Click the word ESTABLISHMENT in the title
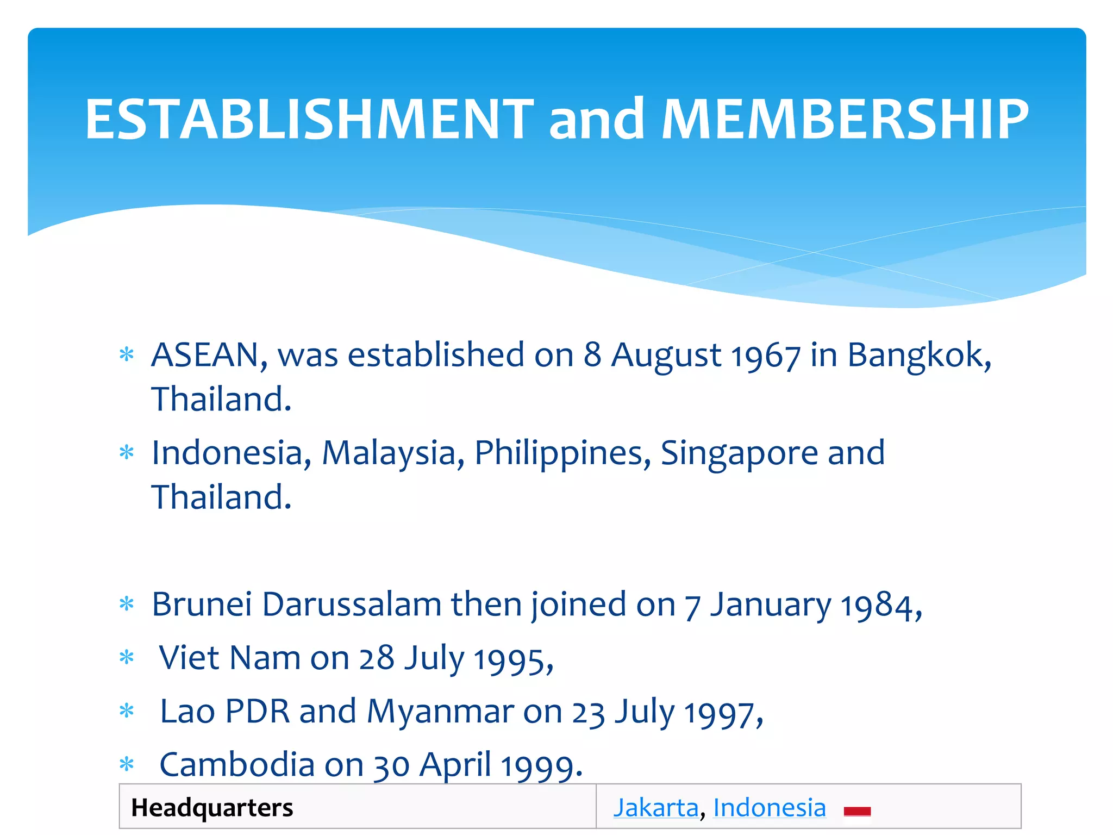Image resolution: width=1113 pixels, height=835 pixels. [x=309, y=119]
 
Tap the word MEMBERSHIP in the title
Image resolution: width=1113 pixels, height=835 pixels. [x=845, y=119]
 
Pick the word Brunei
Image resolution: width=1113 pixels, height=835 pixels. [x=202, y=605]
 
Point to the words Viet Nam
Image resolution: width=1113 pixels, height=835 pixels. [x=229, y=658]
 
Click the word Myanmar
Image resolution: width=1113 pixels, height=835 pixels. [x=440, y=712]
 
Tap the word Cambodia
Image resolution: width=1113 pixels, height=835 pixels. [x=237, y=765]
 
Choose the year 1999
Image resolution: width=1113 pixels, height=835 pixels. [x=541, y=767]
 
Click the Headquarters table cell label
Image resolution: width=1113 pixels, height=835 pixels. [x=212, y=808]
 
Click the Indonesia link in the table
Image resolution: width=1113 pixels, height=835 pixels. [x=770, y=808]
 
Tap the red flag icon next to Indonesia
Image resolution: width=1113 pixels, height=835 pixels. [x=857, y=811]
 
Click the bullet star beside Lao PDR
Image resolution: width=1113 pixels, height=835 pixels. [x=127, y=711]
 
